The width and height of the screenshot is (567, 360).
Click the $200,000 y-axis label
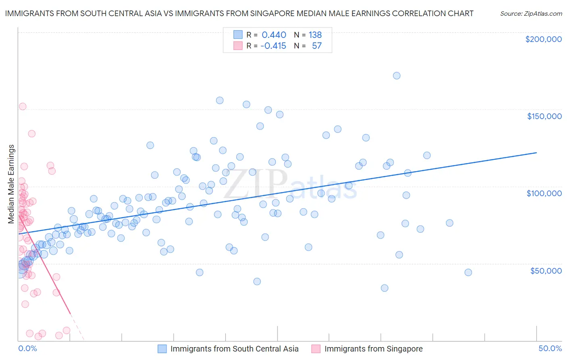click(x=543, y=39)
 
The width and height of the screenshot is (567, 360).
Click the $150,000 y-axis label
click(x=544, y=116)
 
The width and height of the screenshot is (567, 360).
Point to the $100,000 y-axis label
click(x=544, y=193)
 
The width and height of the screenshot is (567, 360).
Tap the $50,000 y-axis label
click(x=546, y=270)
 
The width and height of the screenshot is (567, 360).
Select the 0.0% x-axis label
click(x=27, y=348)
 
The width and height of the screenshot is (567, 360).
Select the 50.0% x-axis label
click(x=550, y=348)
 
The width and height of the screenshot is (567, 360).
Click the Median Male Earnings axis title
click(x=11, y=184)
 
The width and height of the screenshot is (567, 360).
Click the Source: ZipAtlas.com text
click(x=531, y=14)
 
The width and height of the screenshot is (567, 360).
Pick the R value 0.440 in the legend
click(x=274, y=35)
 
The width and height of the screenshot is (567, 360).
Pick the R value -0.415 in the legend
click(x=273, y=46)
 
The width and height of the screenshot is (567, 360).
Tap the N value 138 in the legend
click(x=315, y=35)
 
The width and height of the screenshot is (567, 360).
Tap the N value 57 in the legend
click(x=317, y=46)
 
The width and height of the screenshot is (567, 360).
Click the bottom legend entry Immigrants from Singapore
click(x=373, y=349)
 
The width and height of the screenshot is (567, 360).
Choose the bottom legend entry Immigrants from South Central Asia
click(x=234, y=349)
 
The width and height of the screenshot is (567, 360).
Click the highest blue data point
click(x=396, y=75)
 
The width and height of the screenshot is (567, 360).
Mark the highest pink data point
click(x=23, y=107)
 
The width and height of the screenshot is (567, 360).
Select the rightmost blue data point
click(x=468, y=272)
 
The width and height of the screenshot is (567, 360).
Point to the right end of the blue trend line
click(x=536, y=153)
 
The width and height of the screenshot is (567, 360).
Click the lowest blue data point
click(x=384, y=288)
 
